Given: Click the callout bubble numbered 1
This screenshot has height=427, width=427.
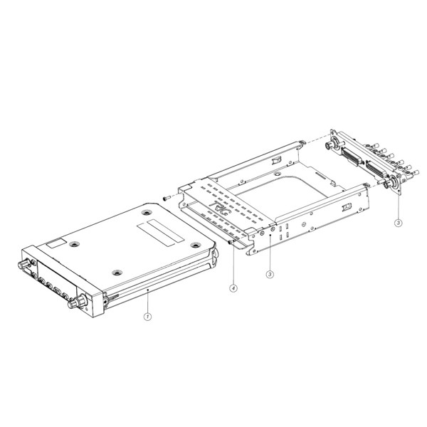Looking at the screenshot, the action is tap(147, 317).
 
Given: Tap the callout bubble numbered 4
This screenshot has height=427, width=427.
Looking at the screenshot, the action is tap(233, 288).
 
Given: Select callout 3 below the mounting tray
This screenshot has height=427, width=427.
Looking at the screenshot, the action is tap(270, 274).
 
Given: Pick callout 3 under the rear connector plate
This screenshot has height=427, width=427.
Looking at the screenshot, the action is tap(398, 223).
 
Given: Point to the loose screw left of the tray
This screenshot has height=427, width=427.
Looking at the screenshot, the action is tap(167, 197).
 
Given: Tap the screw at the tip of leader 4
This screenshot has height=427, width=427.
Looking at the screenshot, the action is tap(231, 242).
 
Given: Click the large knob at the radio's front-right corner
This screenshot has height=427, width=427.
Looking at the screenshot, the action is tap(78, 302).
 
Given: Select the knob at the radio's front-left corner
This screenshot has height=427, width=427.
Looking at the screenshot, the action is tap(25, 263).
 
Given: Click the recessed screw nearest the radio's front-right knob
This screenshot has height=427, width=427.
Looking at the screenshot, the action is tap(117, 273).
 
